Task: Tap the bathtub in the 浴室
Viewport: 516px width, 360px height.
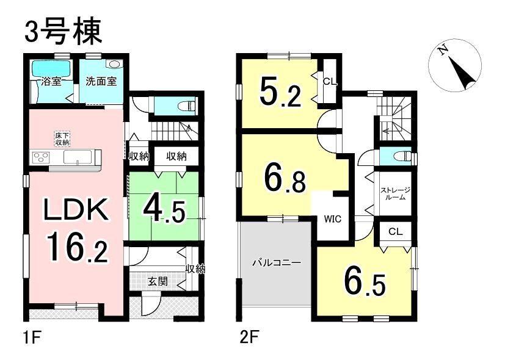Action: [x=51, y=69]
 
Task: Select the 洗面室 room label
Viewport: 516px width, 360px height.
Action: [x=101, y=82]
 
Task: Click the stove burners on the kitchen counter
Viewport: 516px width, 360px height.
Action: [x=40, y=157]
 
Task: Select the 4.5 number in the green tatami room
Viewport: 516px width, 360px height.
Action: [x=163, y=211]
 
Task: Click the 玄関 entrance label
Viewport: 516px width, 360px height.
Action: [x=158, y=281]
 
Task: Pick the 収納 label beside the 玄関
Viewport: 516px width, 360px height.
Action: [x=195, y=270]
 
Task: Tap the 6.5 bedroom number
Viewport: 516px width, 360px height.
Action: [x=365, y=281]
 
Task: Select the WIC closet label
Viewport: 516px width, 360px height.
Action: [x=332, y=218]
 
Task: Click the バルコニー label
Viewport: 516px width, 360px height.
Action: [x=277, y=263]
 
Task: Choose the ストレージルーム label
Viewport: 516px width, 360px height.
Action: [x=395, y=194]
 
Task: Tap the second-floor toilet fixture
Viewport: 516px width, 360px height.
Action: [x=403, y=156]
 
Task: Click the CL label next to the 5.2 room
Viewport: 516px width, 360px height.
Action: [x=330, y=82]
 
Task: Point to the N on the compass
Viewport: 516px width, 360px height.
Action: [x=443, y=50]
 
